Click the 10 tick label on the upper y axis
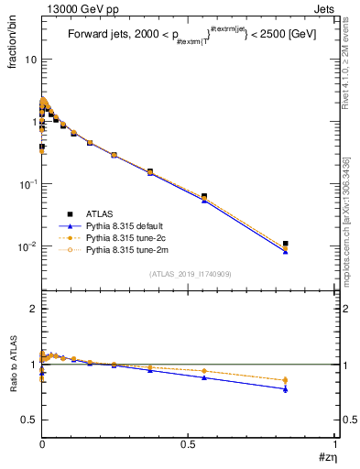click(x=30, y=60)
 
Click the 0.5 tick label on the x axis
click(x=189, y=442)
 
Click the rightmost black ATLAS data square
click(x=286, y=244)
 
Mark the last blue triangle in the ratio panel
click(x=286, y=389)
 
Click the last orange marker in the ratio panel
click(x=286, y=380)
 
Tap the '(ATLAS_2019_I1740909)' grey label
click(x=189, y=273)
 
